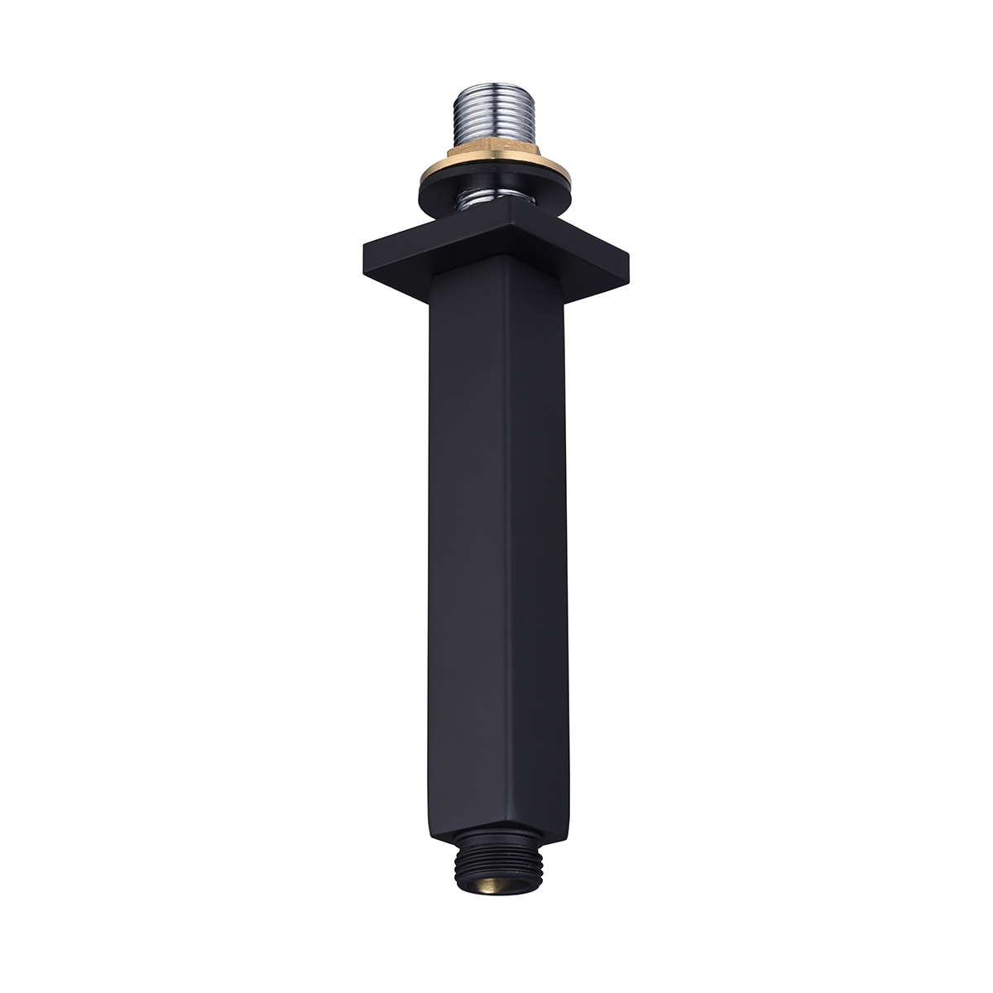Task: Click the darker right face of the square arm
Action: (x=538, y=538)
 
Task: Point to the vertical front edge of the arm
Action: (x=505, y=538)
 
